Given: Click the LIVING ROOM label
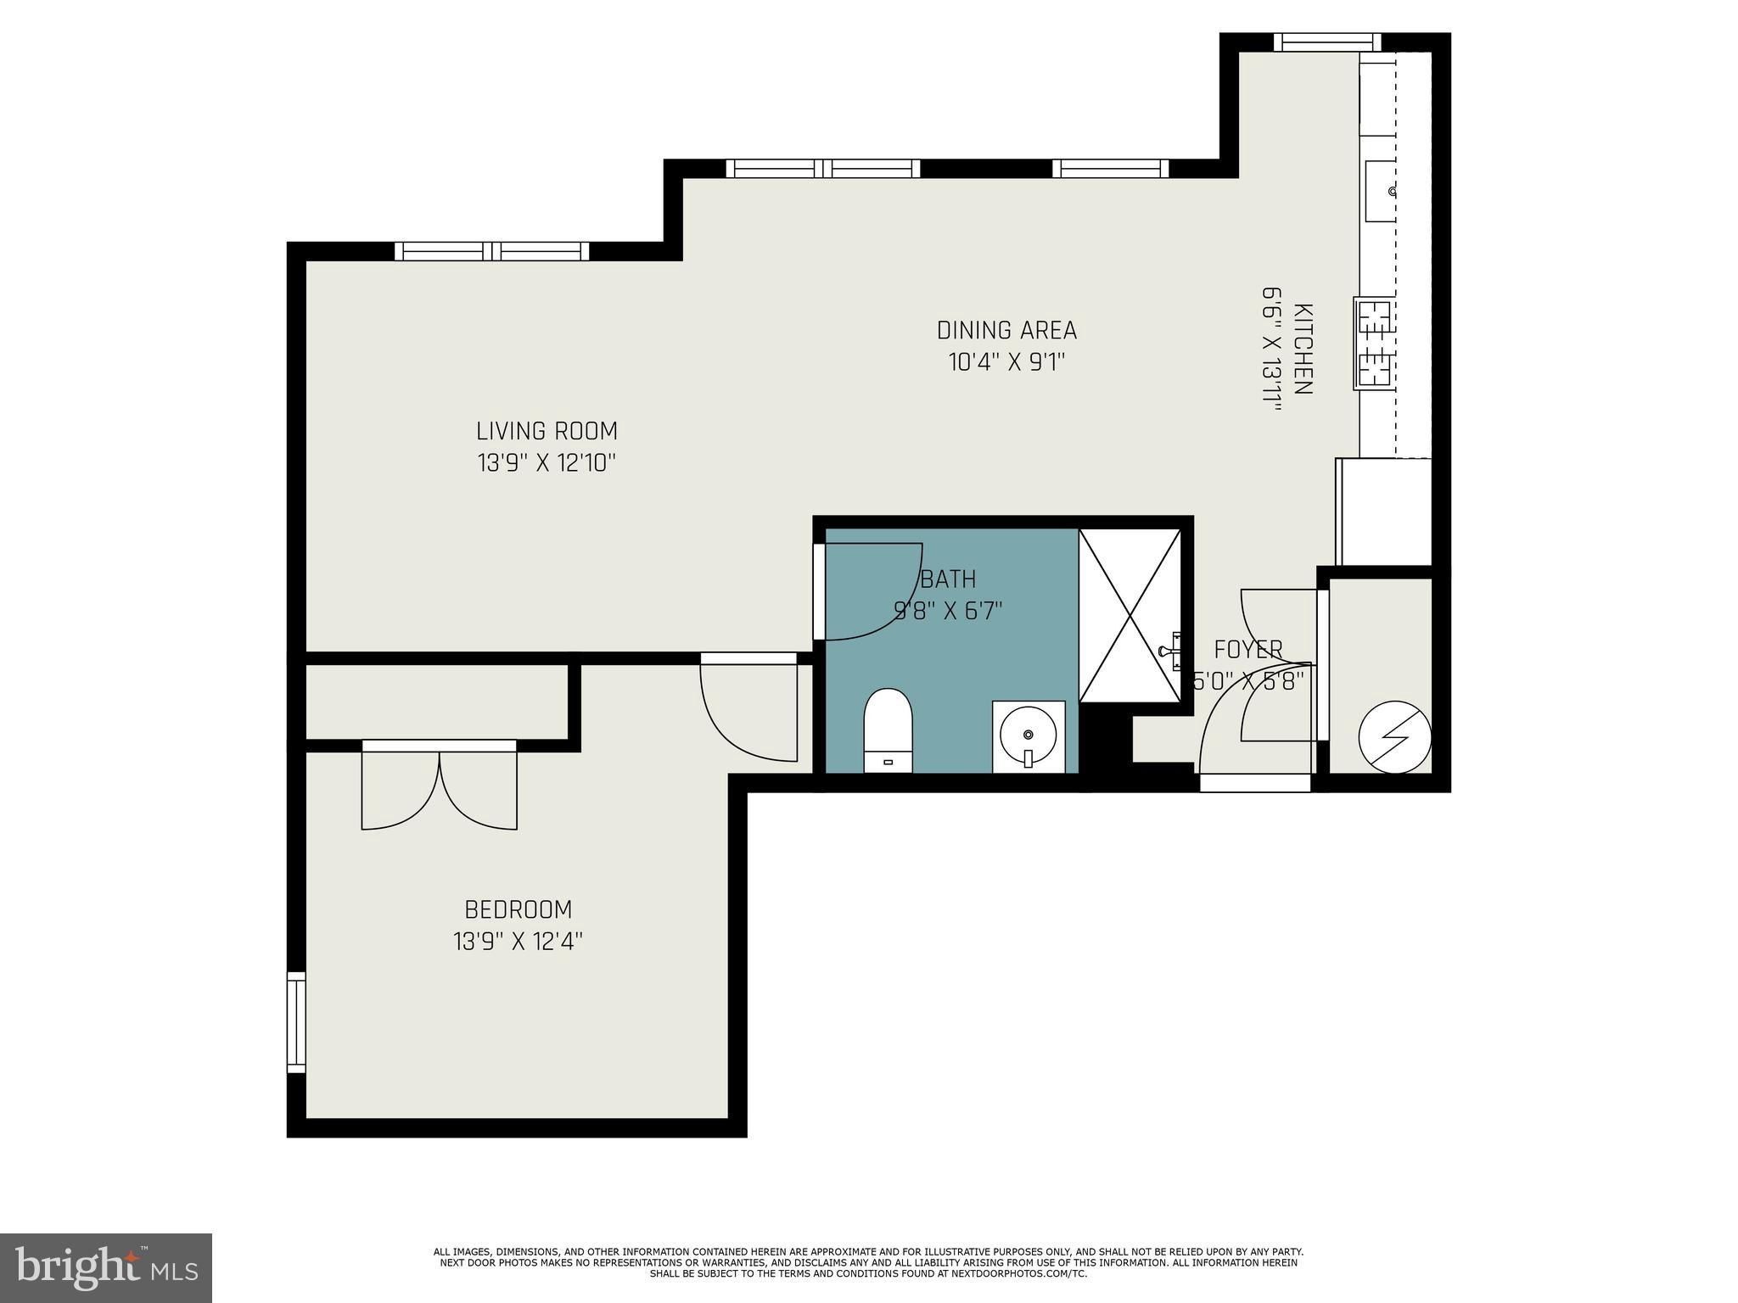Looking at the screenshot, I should click(x=547, y=431).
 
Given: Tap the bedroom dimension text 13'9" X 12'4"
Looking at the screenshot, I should click(x=518, y=942).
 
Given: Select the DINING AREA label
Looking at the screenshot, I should click(x=1006, y=330).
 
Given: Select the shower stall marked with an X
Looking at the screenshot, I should click(x=1130, y=616).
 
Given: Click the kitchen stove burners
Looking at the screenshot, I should click(x=1375, y=344).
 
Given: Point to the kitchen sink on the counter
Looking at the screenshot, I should click(x=1381, y=191).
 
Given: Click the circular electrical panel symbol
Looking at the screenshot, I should click(x=1394, y=736).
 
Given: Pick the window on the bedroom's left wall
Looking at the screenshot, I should click(x=295, y=1021).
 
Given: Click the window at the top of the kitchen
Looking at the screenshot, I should click(x=1327, y=42).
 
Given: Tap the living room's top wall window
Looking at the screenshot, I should click(x=491, y=251).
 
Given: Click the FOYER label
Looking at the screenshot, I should click(x=1247, y=650).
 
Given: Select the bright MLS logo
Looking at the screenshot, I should click(x=106, y=1267).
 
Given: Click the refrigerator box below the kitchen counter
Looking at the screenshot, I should click(x=1384, y=512).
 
